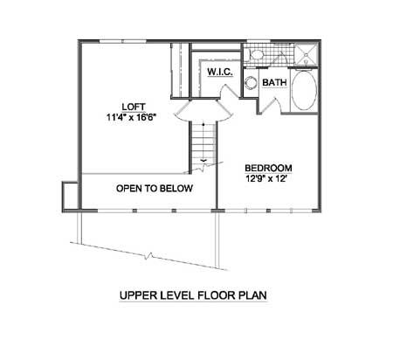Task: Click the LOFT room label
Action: [133, 107]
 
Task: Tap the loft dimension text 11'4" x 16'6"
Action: [132, 118]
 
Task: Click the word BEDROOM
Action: [268, 169]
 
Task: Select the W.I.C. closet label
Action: [220, 72]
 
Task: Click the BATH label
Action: [274, 82]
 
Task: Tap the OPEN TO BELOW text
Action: [155, 189]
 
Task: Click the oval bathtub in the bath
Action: [304, 90]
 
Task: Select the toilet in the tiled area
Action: [256, 54]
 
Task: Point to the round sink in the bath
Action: [250, 83]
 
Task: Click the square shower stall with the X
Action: [307, 54]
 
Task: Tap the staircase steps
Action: [203, 143]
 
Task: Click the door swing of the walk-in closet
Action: [229, 91]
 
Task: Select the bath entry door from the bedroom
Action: [271, 106]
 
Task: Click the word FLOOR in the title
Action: [216, 295]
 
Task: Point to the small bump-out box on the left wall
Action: [70, 196]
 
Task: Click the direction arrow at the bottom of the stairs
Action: [203, 160]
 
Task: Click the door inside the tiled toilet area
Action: [280, 58]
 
